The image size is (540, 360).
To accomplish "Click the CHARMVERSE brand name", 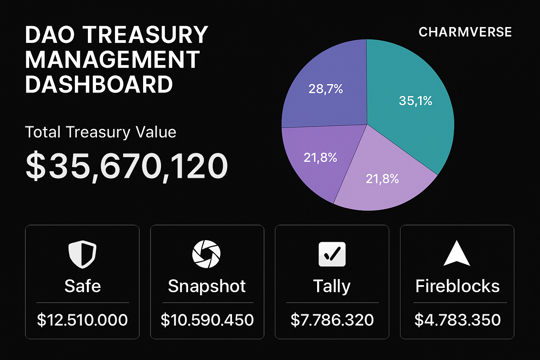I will click(465, 32).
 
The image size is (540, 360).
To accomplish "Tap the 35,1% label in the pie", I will click(415, 101).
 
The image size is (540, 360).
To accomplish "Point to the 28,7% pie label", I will click(326, 89).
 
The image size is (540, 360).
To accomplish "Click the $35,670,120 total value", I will click(127, 166).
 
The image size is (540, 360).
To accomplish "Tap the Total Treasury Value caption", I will click(101, 133).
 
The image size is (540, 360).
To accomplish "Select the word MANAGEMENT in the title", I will click(112, 59).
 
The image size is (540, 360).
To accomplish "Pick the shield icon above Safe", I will click(82, 254).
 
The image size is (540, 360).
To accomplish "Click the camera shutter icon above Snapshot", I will click(206, 254).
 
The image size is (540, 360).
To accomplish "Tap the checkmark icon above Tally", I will click(332, 254).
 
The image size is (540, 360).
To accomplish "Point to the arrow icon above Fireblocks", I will click(457, 254).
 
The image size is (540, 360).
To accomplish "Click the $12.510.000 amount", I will click(82, 320).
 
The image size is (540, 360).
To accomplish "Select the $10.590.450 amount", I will click(207, 320).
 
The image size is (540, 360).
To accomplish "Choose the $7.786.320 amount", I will click(332, 320).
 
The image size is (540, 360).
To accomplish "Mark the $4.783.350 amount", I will click(457, 320).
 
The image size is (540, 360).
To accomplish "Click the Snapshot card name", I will click(207, 286).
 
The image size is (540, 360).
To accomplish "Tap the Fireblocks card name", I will click(457, 286).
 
